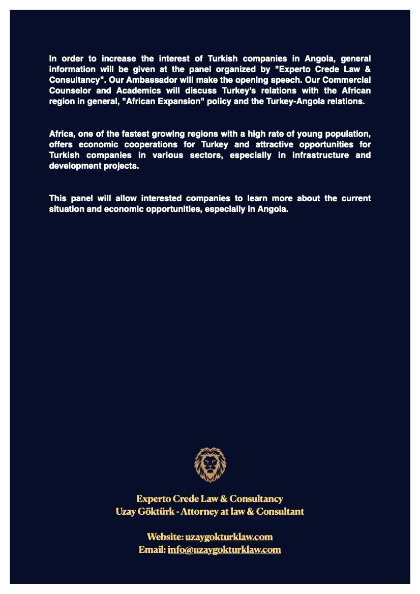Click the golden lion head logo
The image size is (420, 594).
210,464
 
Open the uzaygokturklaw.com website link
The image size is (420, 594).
229,537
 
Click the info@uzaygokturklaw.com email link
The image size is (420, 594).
224,549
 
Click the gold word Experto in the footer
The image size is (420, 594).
153,498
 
